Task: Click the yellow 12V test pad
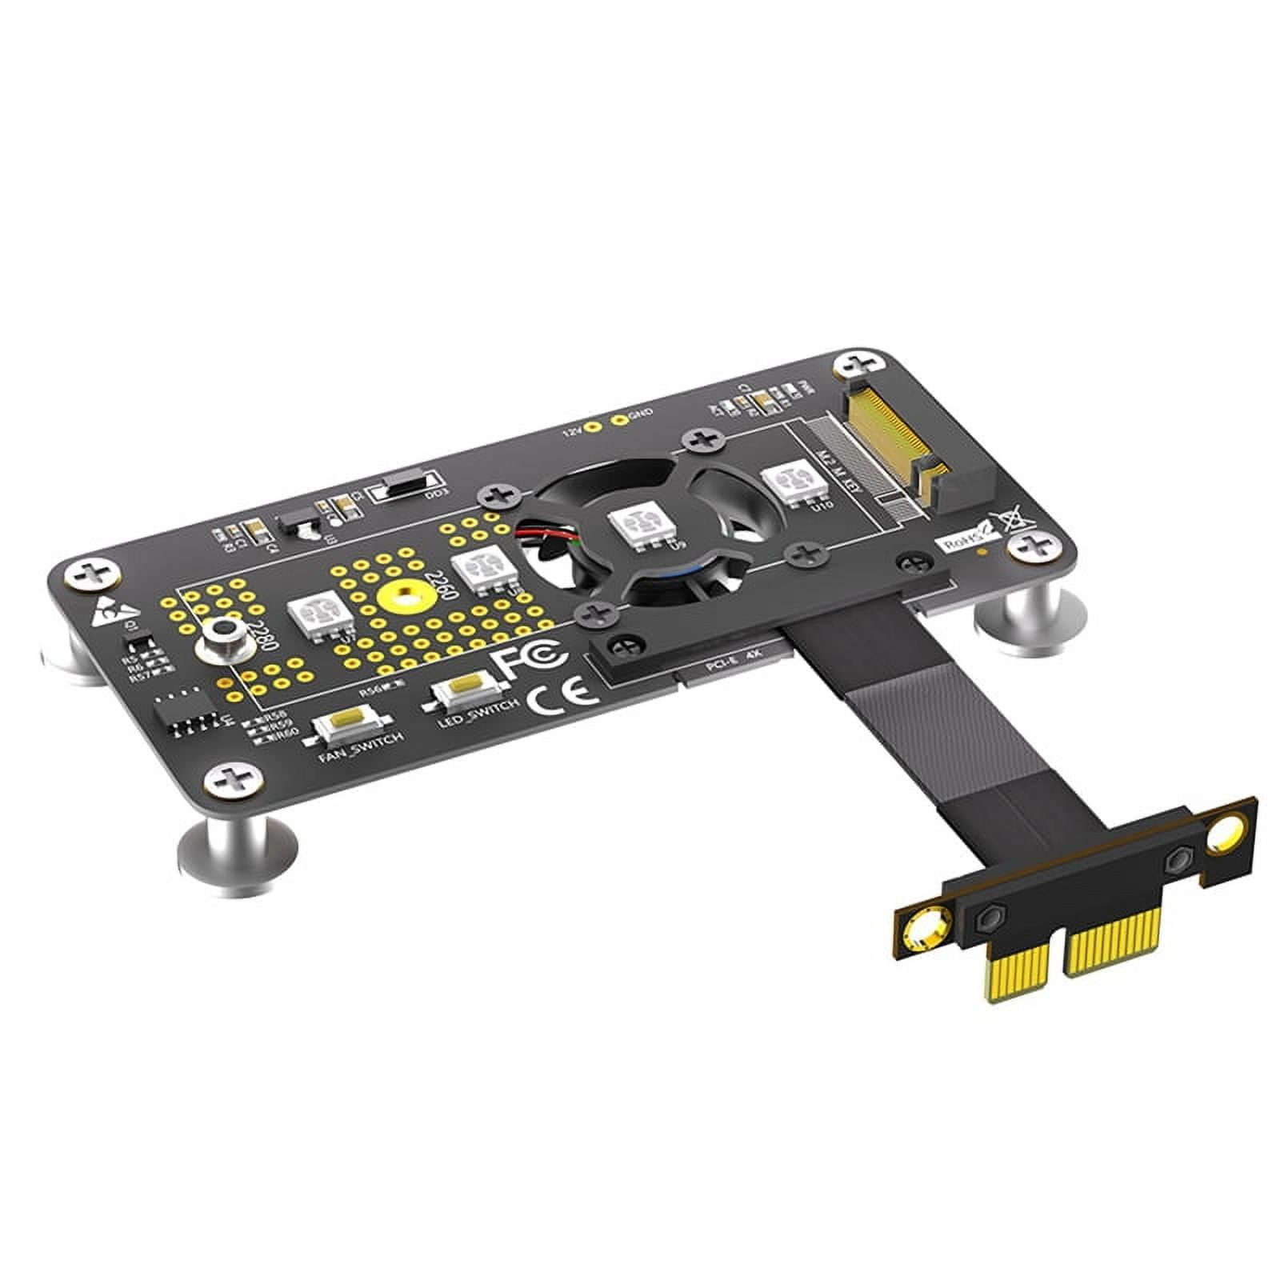coord(592,427)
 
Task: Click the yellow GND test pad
coord(618,419)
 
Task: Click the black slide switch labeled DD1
coord(409,486)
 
